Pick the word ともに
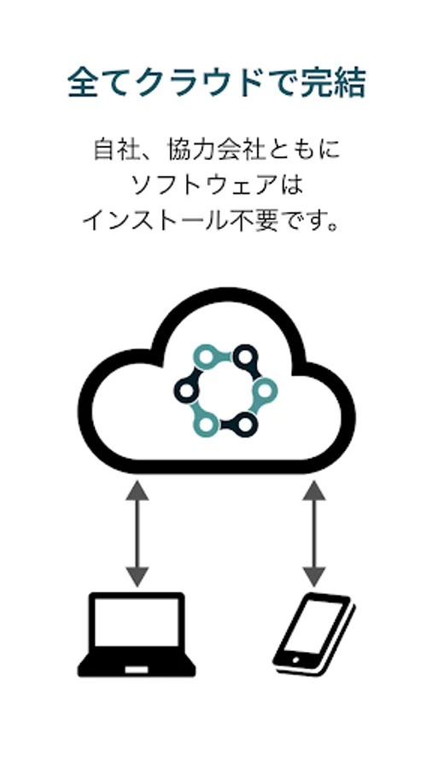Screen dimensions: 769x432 (303, 150)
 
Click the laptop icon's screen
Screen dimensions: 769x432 (137, 622)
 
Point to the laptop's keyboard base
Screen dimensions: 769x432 (137, 663)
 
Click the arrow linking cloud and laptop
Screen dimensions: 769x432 (137, 534)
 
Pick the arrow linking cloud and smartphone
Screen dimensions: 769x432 (314, 534)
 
